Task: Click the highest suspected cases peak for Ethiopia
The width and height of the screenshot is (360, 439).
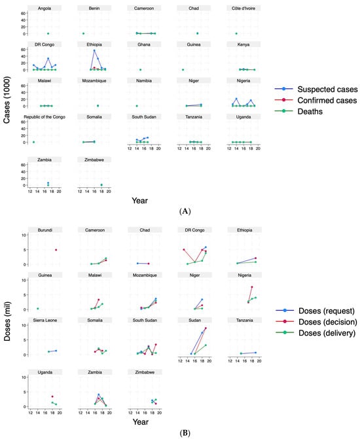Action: [94, 50]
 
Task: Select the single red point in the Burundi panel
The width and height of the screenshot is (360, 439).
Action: [56, 250]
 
